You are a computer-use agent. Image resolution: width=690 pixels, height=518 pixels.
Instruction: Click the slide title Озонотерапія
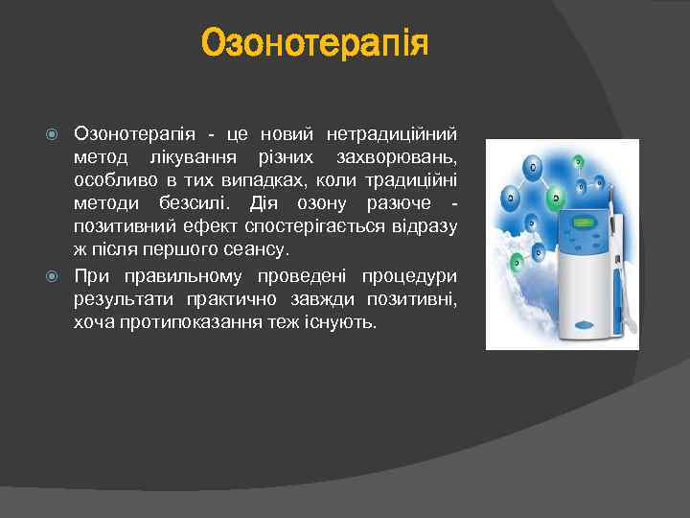click(x=314, y=43)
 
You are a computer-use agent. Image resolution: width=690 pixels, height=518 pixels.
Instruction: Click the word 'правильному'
click(x=179, y=276)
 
